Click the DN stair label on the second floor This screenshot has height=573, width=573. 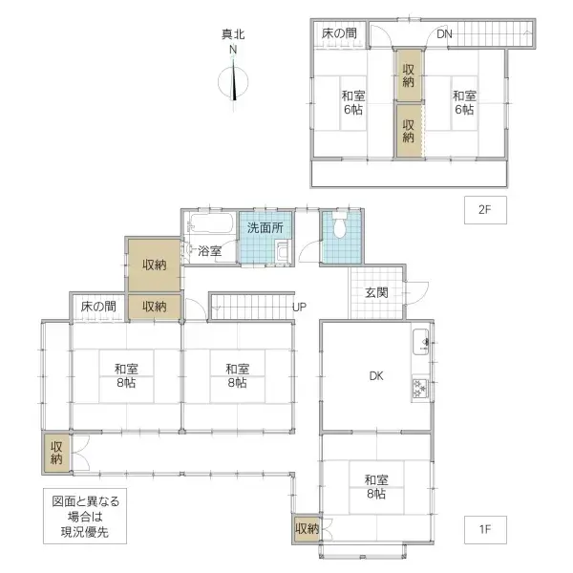click(444, 34)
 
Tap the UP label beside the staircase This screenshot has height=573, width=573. click(299, 307)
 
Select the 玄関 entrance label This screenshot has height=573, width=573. click(374, 292)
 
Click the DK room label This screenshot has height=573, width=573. click(376, 375)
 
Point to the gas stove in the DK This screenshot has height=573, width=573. click(421, 386)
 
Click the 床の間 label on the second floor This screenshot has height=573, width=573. click(339, 33)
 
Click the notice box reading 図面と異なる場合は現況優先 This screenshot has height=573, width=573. click(87, 517)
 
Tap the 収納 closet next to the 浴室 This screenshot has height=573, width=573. click(155, 265)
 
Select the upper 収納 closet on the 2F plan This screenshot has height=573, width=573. click(409, 74)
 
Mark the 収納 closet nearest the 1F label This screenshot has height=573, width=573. click(307, 528)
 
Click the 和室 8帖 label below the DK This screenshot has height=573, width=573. click(374, 486)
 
